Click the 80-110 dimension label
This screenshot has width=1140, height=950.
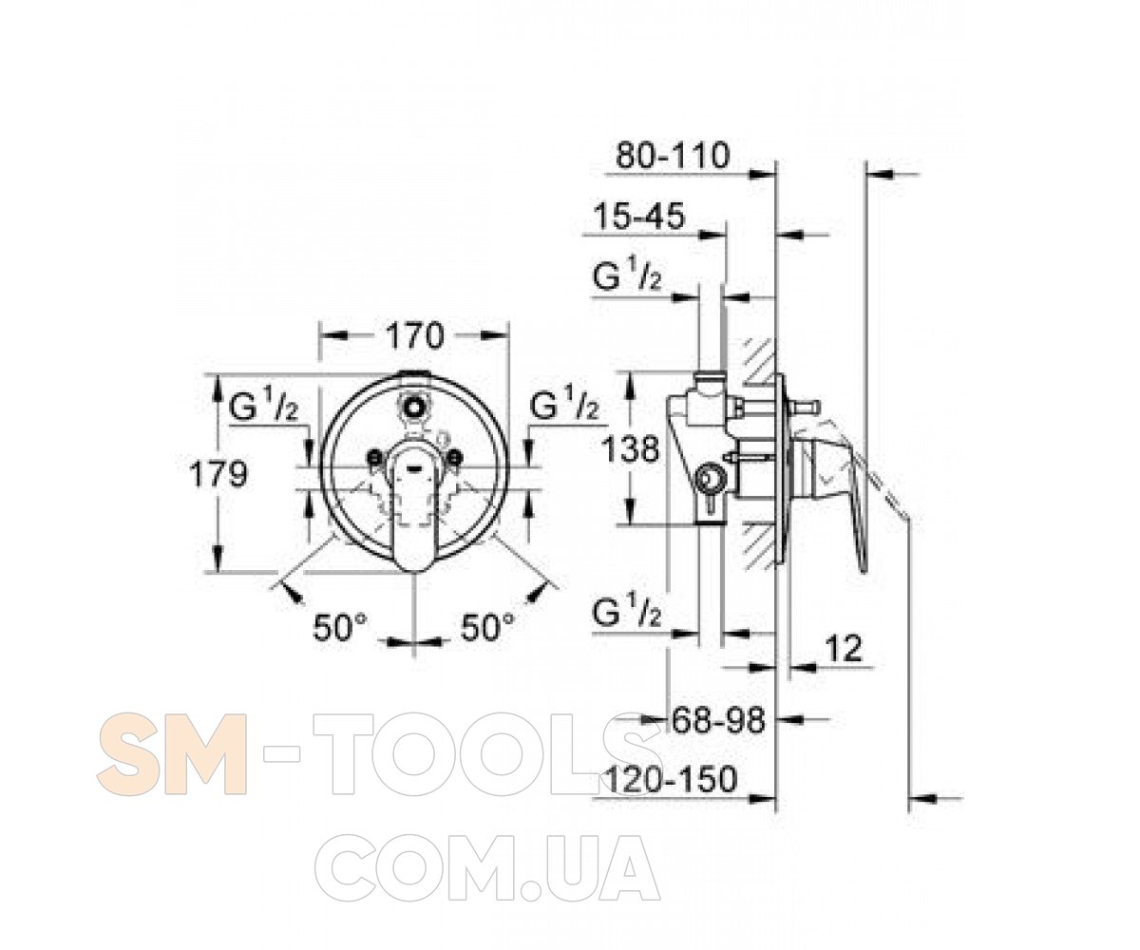pos(672,156)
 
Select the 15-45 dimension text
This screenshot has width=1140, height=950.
pos(638,216)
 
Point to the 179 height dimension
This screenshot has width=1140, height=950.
pos(218,474)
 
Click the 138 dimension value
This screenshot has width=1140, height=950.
pos(630,450)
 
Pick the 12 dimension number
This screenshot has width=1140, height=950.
pos(844,649)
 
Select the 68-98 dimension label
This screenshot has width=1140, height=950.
pos(718,721)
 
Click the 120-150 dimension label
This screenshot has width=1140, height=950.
pos(671,779)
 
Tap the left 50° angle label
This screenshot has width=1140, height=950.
pos(339,627)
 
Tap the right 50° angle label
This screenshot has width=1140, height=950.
pos(487,627)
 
